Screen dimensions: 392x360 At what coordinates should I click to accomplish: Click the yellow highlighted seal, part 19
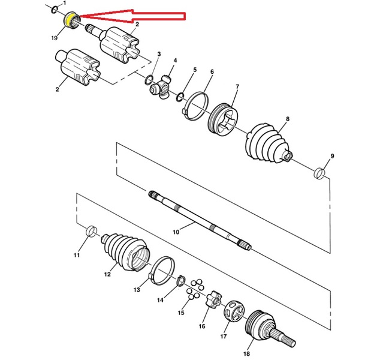click(x=68, y=20)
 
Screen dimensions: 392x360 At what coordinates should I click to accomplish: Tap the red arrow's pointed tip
click(x=80, y=17)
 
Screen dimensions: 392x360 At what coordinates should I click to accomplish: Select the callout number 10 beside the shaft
click(x=176, y=232)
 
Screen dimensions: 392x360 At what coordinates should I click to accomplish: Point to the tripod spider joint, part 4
click(x=161, y=87)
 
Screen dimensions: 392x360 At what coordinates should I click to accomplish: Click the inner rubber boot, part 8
click(x=268, y=143)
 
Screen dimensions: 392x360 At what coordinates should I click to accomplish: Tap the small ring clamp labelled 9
click(x=319, y=174)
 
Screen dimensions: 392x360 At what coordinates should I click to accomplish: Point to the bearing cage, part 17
click(x=234, y=311)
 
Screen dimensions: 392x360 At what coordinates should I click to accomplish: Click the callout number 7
click(x=237, y=86)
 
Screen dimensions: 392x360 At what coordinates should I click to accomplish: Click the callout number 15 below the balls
click(x=181, y=313)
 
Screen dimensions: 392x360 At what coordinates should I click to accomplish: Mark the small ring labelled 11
click(x=92, y=231)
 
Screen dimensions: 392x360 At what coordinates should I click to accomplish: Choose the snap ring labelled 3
click(x=149, y=80)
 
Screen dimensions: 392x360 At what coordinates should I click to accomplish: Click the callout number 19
click(x=55, y=38)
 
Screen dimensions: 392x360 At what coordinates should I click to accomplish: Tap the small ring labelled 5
click(x=180, y=97)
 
